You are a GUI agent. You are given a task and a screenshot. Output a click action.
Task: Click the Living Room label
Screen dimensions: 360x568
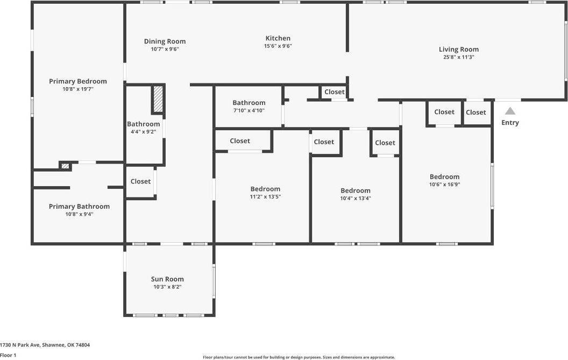tap(458, 50)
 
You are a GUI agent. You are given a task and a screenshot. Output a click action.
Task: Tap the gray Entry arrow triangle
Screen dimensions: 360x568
tap(510, 111)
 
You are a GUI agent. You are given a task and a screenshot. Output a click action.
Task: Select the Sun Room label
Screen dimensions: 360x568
tap(167, 279)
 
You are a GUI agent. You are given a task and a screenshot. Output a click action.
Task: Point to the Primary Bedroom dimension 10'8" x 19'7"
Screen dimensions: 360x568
tap(78, 89)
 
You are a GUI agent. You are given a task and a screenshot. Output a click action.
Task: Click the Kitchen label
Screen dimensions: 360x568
tap(278, 38)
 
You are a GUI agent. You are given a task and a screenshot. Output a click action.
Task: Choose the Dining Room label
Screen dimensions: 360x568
tap(165, 41)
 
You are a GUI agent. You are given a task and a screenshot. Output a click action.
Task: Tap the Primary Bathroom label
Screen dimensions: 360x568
tap(79, 206)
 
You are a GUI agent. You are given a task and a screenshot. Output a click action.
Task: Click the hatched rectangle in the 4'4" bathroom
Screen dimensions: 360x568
tap(158, 99)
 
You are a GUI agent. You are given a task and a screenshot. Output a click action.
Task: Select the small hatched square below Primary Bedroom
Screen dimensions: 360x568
tap(65, 166)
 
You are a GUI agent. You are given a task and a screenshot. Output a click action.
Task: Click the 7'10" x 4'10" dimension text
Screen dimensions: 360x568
tap(249, 110)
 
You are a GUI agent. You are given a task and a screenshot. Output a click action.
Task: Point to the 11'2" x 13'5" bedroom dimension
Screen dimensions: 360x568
tap(265, 196)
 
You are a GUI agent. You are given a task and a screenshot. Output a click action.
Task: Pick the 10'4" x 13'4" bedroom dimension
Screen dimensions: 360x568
tap(356, 198)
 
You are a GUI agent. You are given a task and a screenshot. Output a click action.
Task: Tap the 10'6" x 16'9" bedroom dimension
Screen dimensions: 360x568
tap(444, 184)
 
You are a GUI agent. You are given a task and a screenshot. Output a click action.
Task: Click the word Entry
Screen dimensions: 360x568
tap(510, 123)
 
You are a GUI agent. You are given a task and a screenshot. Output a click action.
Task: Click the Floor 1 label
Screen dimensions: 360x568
tap(8, 355)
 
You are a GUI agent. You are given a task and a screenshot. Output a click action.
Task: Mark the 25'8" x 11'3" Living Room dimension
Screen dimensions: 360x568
tap(458, 57)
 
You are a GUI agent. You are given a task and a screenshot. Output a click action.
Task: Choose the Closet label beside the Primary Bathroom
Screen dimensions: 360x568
tap(140, 181)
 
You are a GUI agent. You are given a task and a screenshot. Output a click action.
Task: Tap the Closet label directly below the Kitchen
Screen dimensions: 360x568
tap(334, 92)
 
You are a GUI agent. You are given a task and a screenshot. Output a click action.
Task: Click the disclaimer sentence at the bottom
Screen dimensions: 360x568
tap(299, 357)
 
